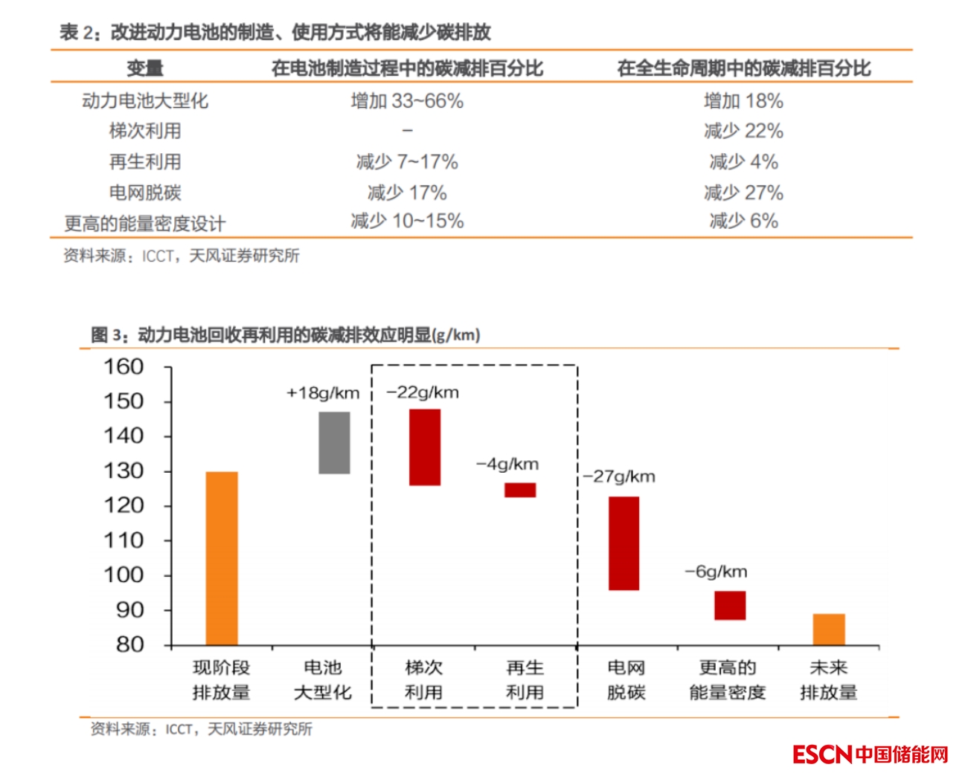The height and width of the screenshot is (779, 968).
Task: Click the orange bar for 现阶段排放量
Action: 222,557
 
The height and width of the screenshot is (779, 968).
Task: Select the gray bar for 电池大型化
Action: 334,442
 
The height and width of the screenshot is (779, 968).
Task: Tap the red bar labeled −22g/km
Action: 425,447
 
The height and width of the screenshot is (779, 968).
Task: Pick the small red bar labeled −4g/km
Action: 520,490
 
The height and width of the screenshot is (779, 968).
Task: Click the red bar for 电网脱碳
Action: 624,543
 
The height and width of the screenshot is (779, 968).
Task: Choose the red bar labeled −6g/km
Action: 730,605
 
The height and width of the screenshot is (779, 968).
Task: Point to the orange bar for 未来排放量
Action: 828,629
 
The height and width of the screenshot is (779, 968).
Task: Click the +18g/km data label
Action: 323,392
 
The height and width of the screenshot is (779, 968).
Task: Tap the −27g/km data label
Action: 619,476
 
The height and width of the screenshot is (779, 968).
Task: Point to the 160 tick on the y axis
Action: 124,366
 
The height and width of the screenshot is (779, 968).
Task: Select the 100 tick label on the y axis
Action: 124,575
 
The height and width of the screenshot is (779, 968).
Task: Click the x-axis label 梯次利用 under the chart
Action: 424,679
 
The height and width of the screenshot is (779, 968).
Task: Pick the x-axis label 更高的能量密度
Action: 727,679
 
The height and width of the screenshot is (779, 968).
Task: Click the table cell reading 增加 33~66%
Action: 407,101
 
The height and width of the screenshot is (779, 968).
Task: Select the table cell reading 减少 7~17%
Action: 407,162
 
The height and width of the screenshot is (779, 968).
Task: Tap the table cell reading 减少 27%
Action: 743,193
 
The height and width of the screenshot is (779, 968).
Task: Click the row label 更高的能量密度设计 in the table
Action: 145,223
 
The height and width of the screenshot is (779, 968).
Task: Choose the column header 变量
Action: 145,68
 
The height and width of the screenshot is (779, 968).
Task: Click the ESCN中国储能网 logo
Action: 871,754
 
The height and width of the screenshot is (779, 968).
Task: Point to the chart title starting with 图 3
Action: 286,335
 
